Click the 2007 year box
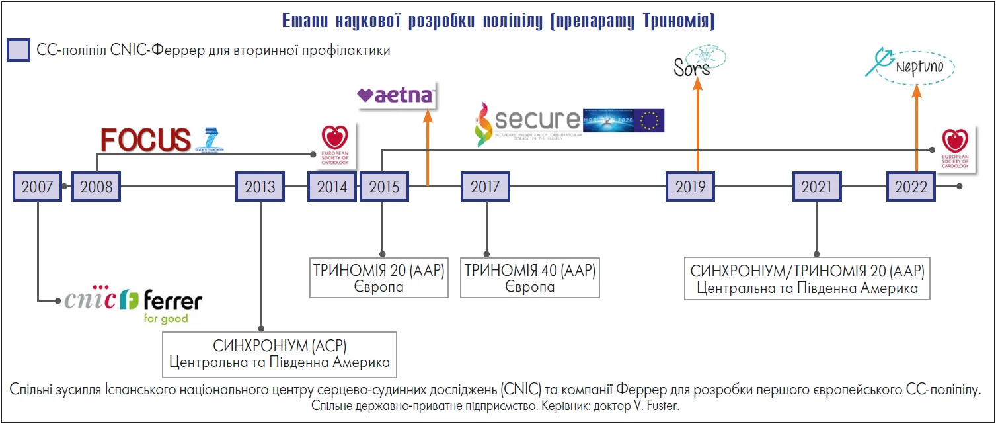tap(37, 187)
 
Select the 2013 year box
tap(260, 187)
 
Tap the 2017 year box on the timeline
tap(485, 187)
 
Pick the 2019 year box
tap(691, 187)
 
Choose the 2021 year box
tap(817, 187)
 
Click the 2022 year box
tap(911, 187)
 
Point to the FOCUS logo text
tap(145, 140)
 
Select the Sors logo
tap(693, 67)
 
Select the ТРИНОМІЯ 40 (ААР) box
tap(530, 278)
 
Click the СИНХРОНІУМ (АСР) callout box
tap(280, 354)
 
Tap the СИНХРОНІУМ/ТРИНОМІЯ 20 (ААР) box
tap(807, 279)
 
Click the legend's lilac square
tap(19, 50)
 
